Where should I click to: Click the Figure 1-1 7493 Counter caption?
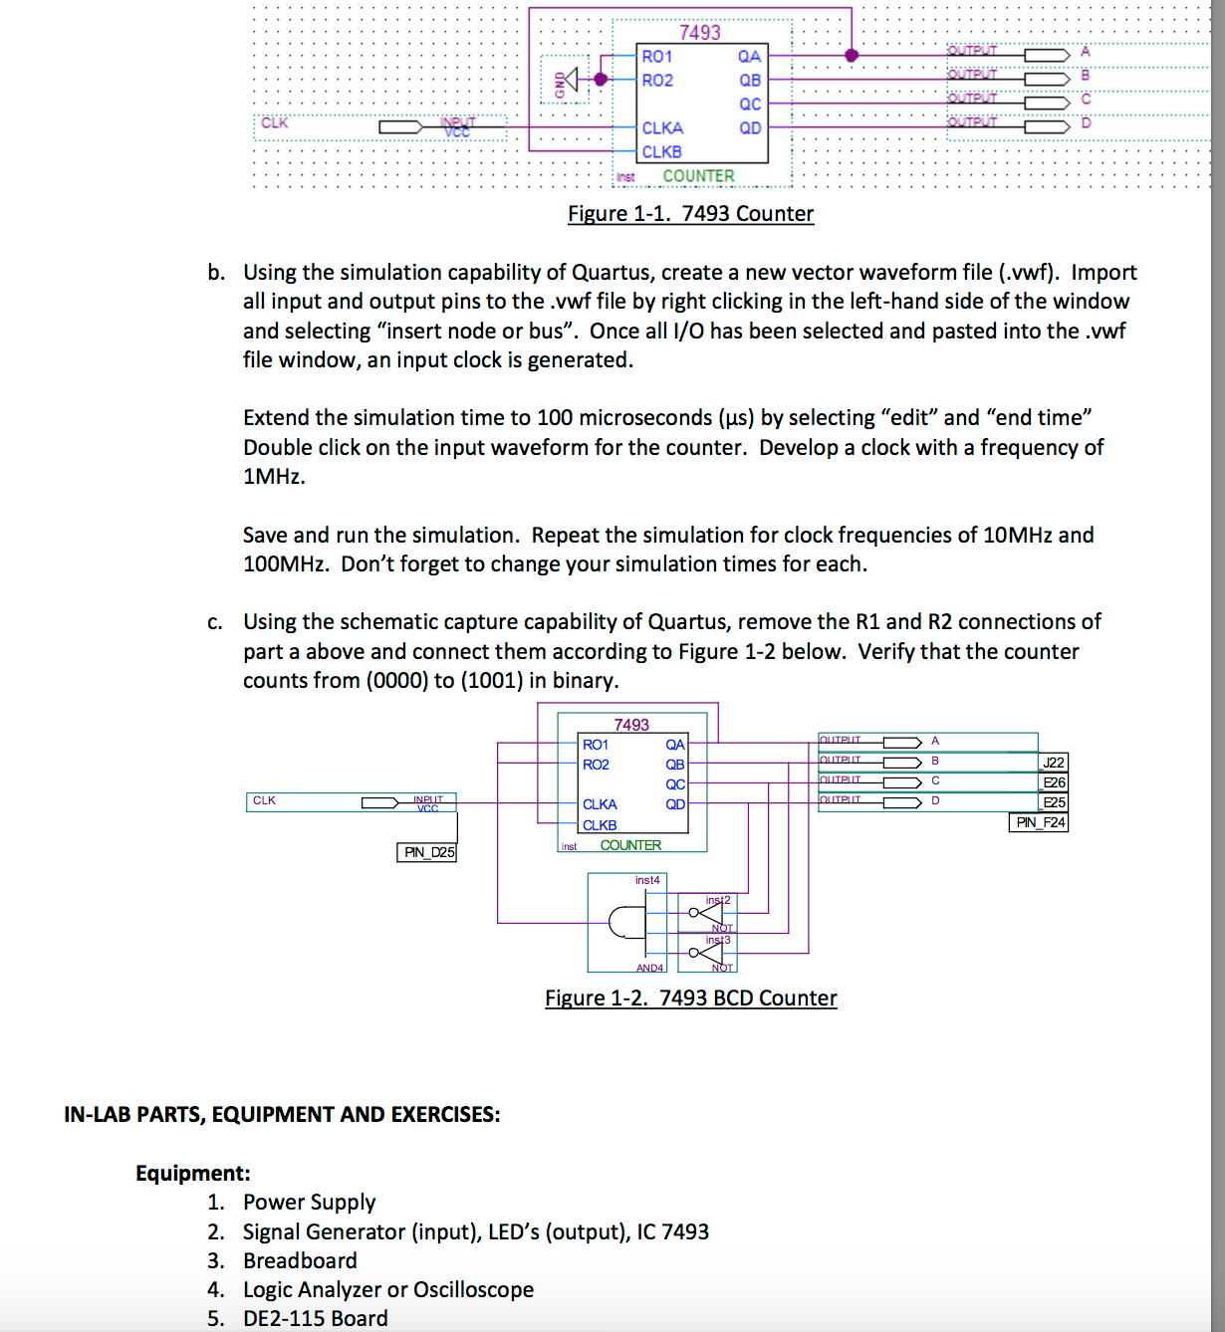click(690, 214)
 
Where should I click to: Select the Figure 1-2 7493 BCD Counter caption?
click(690, 999)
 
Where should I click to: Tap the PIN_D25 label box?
click(427, 852)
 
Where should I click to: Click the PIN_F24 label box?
click(1039, 822)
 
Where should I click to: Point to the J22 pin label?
click(1053, 763)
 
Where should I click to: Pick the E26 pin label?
click(1054, 782)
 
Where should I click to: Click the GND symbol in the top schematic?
click(567, 80)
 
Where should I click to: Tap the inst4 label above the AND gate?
click(647, 880)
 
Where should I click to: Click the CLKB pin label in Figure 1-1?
click(661, 152)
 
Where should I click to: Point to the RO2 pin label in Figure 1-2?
click(596, 765)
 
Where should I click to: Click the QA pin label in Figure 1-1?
click(749, 57)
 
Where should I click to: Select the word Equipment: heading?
click(193, 1174)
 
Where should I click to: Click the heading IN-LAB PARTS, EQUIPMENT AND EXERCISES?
click(282, 1115)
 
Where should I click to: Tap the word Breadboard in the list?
click(300, 1261)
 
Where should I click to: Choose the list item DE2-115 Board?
click(315, 1319)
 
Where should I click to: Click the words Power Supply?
click(309, 1203)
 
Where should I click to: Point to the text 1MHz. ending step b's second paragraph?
click(274, 477)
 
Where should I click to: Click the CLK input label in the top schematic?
click(274, 123)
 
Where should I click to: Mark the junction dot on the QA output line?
click(852, 56)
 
